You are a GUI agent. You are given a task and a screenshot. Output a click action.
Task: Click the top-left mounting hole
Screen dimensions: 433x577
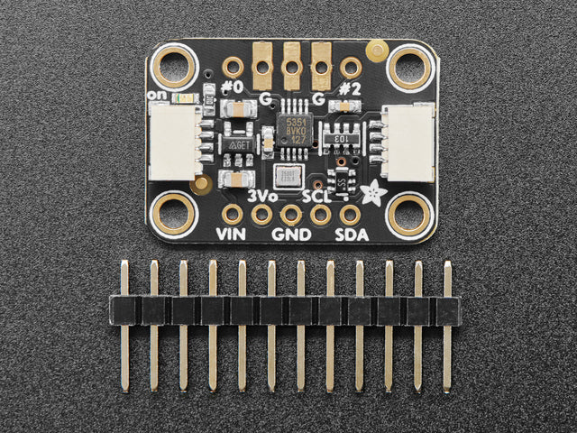(173, 65)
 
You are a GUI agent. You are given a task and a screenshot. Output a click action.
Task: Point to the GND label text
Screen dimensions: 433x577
(291, 235)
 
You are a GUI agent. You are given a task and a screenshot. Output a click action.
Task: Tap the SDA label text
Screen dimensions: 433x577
(350, 235)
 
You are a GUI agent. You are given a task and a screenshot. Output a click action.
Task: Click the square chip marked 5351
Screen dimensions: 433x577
(294, 128)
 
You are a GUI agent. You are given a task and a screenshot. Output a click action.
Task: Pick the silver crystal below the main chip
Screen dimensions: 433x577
(288, 175)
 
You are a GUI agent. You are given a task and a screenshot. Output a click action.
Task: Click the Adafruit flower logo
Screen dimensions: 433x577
(371, 190)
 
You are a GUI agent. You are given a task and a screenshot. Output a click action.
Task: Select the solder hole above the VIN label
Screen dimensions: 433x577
(233, 215)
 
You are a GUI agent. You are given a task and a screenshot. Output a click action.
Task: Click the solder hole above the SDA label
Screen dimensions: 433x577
(350, 215)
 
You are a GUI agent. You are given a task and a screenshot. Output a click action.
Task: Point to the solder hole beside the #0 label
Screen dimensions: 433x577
(234, 67)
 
